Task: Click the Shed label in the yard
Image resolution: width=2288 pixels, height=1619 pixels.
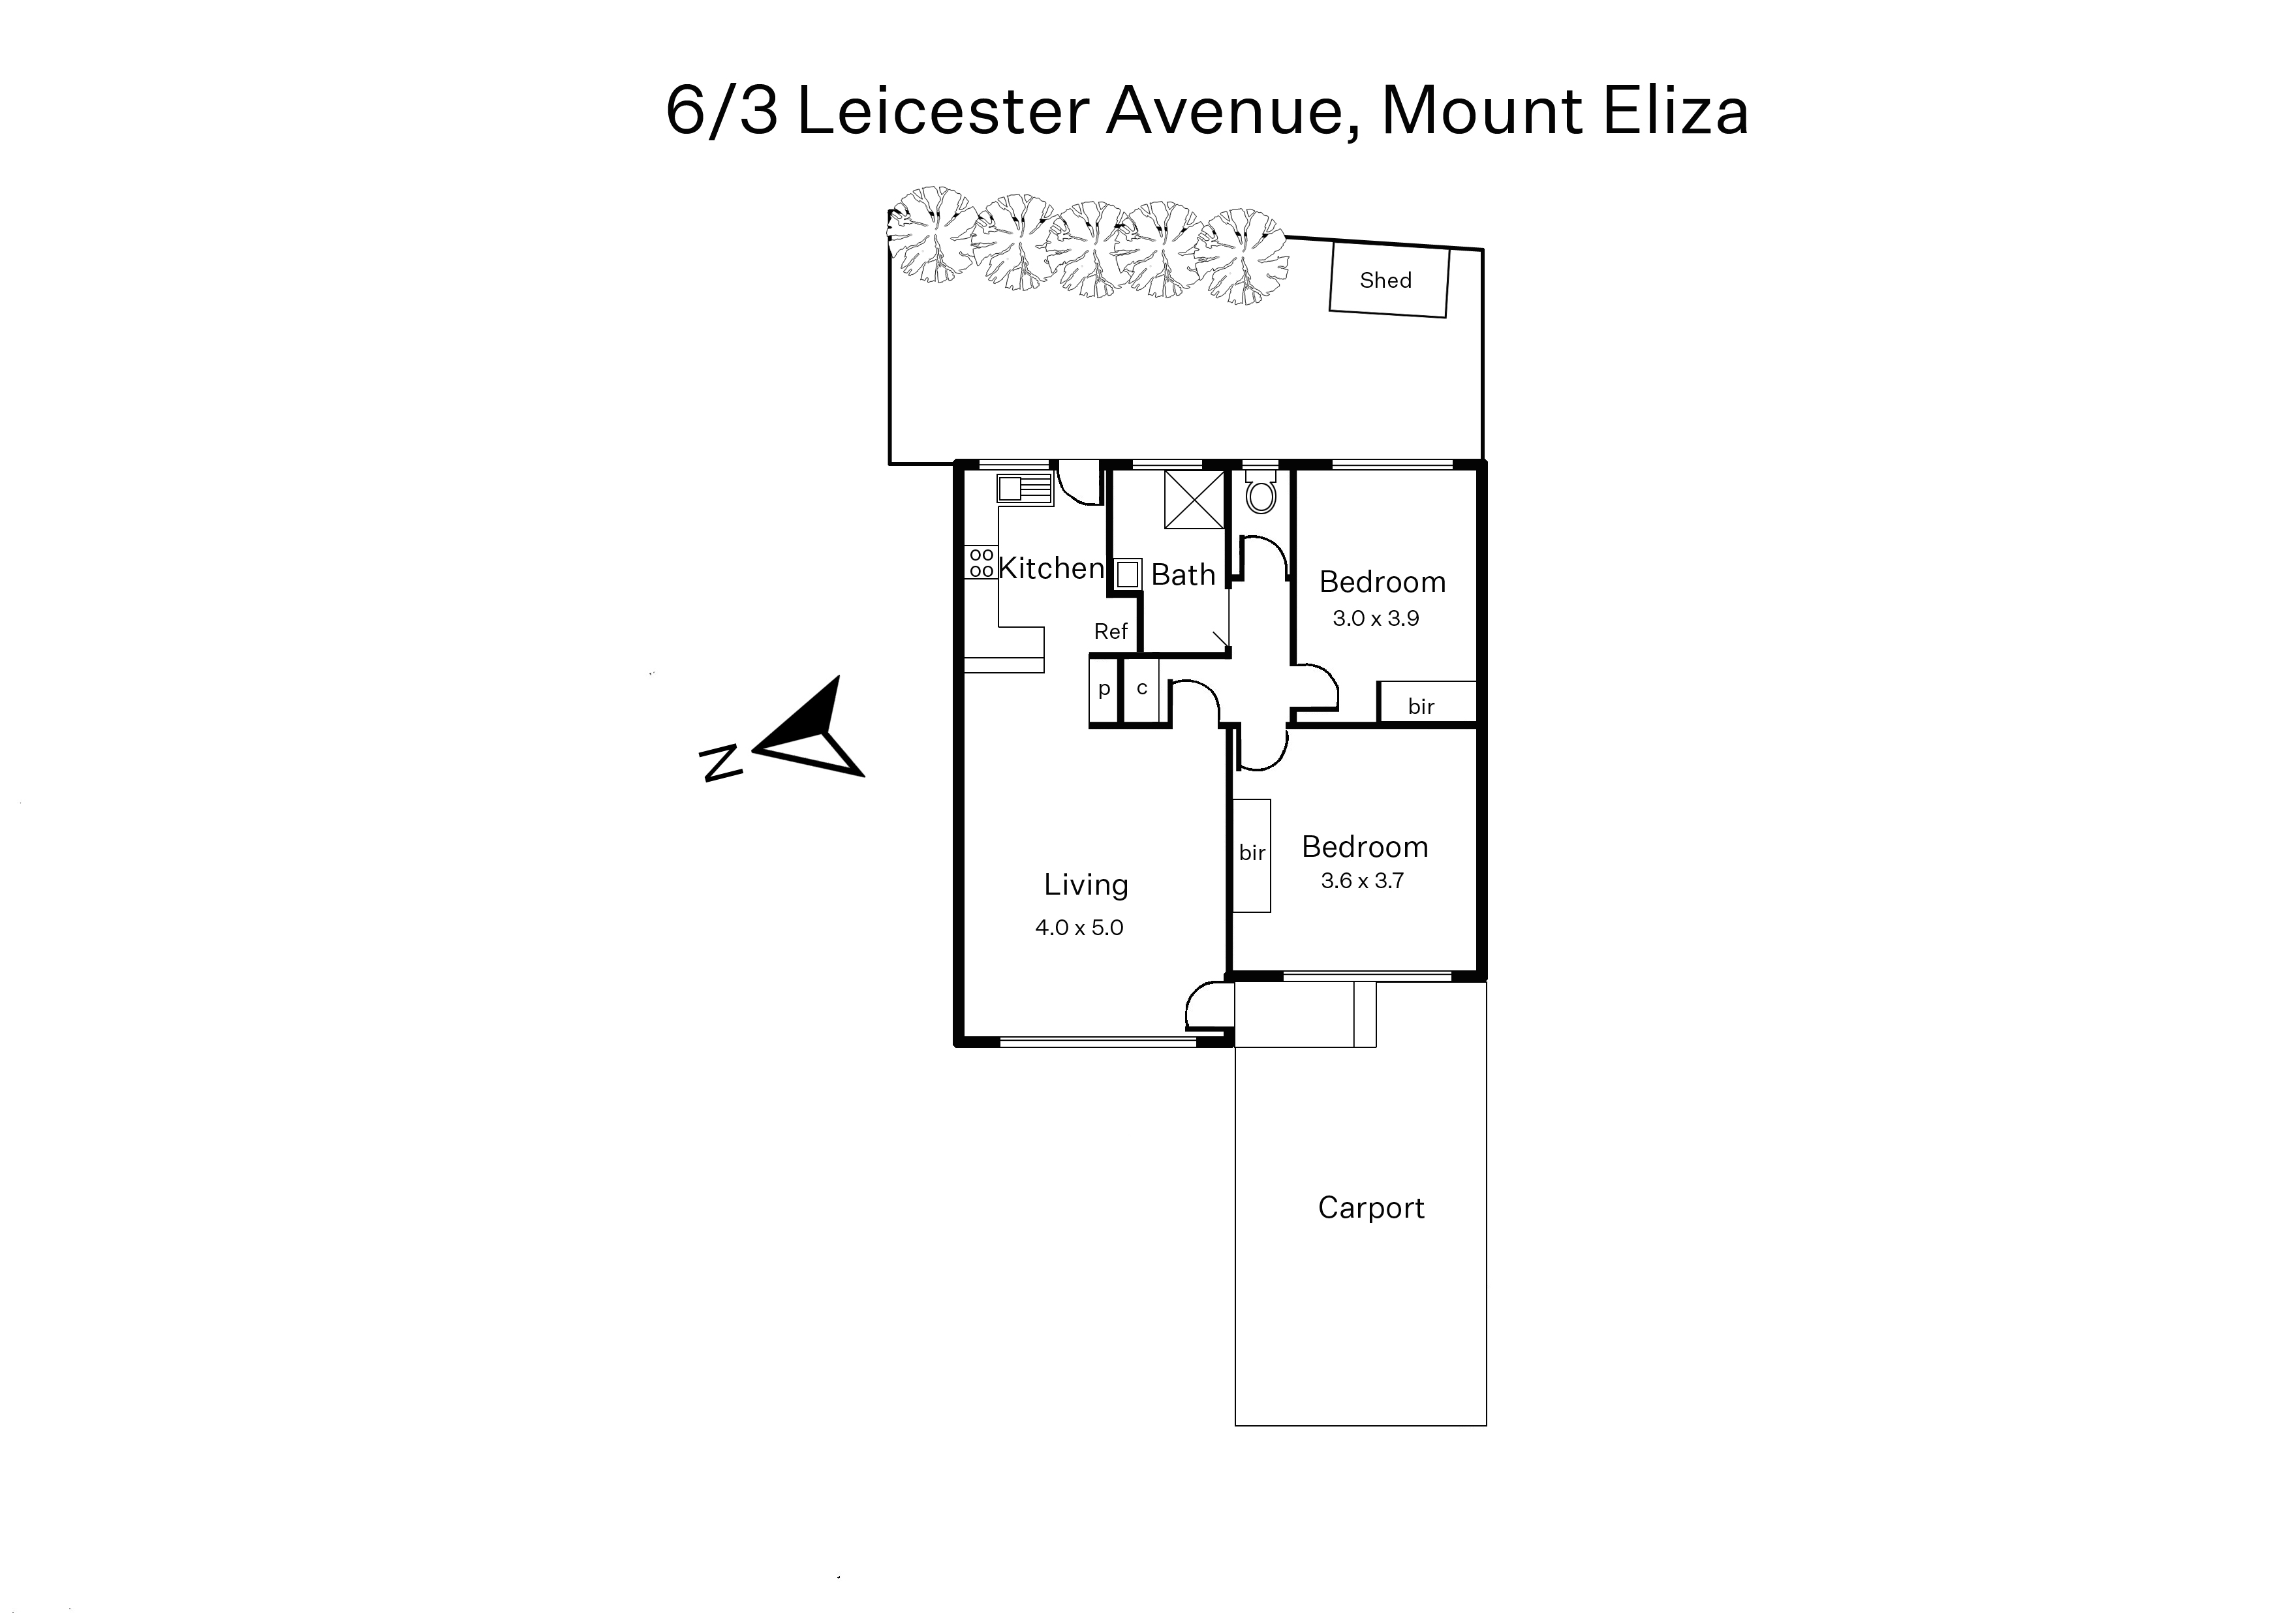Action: tap(1385, 280)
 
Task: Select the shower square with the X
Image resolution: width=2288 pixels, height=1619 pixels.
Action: tap(1194, 499)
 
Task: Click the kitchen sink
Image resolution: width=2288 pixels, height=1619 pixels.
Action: tap(1024, 489)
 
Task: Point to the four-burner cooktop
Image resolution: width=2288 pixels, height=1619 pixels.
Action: tap(981, 563)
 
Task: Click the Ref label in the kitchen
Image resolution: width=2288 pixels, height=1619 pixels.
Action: tap(1111, 631)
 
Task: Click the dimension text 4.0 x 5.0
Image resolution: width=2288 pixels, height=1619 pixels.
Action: tap(1079, 927)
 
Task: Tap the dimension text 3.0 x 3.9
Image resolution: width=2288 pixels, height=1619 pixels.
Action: tap(1376, 618)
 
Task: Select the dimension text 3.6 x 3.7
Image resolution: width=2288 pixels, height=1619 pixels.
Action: tap(1362, 880)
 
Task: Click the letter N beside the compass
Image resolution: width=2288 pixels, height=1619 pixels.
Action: tap(722, 763)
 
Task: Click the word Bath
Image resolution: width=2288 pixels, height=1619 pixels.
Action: tap(1183, 574)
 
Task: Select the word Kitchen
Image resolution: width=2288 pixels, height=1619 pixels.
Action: tap(1051, 568)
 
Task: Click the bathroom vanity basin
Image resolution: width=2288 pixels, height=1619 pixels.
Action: tap(1128, 574)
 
